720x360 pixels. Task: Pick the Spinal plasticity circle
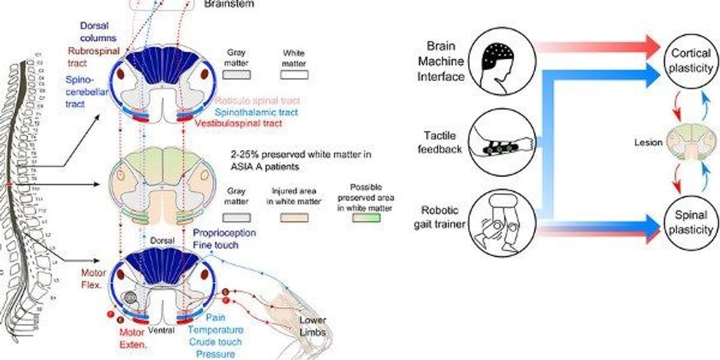tap(689, 222)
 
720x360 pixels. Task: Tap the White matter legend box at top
tap(294, 74)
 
